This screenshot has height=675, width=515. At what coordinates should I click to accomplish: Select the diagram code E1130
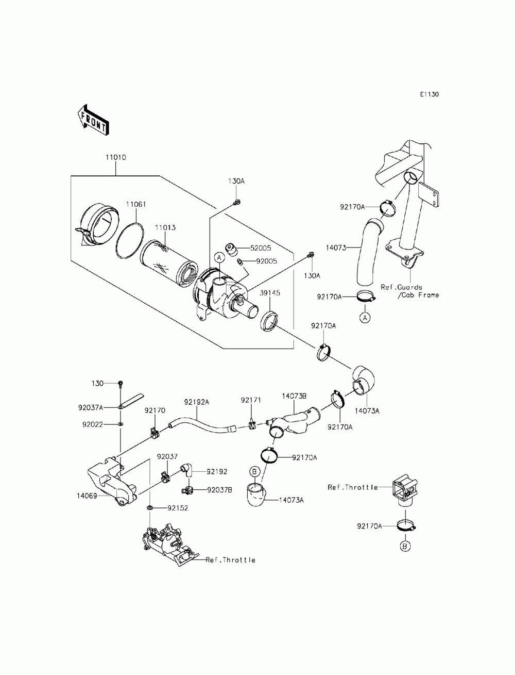[x=429, y=94]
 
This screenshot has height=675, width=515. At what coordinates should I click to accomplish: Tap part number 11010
[x=116, y=157]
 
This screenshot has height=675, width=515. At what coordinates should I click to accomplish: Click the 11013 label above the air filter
[x=165, y=228]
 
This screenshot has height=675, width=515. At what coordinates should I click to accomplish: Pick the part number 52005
[x=261, y=248]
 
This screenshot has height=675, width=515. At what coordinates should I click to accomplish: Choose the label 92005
[x=266, y=261]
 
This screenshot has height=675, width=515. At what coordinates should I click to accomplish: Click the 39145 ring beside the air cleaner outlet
[x=269, y=321]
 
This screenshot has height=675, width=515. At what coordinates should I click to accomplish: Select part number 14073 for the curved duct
[x=336, y=248]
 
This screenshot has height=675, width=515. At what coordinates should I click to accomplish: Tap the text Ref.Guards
[x=401, y=287]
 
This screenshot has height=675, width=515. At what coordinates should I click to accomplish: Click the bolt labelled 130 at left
[x=121, y=384]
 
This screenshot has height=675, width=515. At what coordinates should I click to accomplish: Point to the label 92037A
[x=91, y=407]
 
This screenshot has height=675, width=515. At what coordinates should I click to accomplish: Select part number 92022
[x=93, y=425]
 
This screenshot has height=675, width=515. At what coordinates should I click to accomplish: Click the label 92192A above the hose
[x=197, y=402]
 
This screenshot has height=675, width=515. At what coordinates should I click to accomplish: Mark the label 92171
[x=251, y=400]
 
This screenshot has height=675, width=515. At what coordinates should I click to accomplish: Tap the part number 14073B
[x=294, y=396]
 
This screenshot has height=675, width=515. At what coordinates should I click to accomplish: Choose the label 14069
[x=87, y=496]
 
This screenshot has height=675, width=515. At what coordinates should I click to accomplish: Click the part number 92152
[x=178, y=508]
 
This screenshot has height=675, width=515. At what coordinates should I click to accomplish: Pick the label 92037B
[x=219, y=490]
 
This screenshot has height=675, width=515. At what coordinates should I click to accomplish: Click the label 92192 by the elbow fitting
[x=217, y=471]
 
